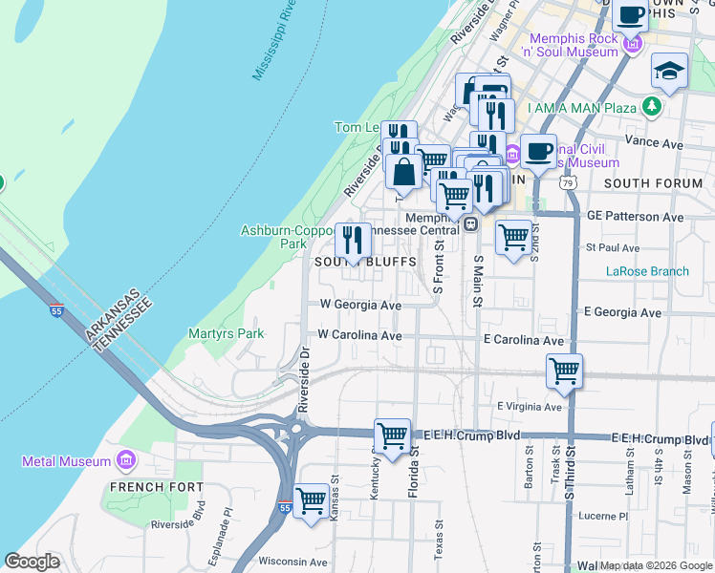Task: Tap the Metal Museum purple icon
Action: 125,461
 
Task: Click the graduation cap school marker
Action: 669,71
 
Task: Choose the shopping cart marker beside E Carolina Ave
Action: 564,371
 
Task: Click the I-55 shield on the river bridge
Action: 58,310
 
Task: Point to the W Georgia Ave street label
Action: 360,306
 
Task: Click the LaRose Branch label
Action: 647,271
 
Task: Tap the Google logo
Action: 32,562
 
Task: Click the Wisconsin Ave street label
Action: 292,562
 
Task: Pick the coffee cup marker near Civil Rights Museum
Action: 538,151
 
